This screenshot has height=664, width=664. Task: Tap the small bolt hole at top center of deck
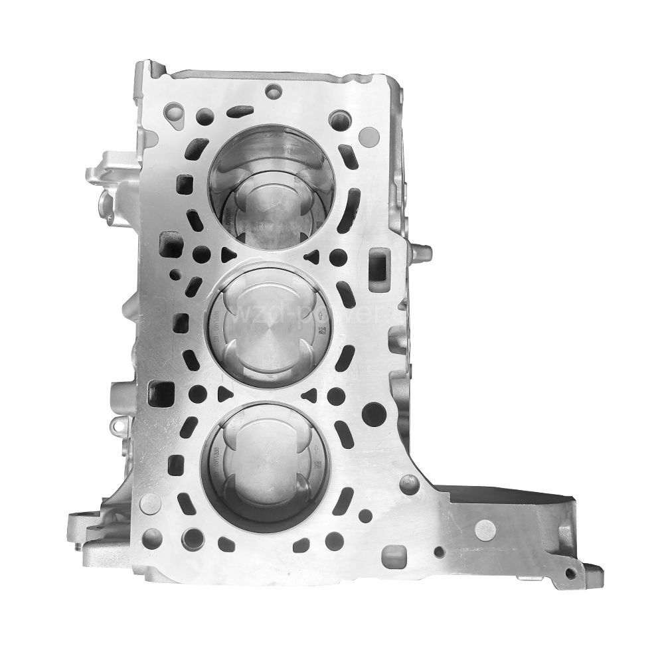[272, 91]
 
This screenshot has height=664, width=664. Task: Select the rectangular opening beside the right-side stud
[378, 264]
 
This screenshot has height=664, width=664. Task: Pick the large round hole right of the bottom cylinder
[373, 414]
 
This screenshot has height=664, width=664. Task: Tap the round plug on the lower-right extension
[485, 529]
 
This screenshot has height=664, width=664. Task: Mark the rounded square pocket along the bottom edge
[392, 553]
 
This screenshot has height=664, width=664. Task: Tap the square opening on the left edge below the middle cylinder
[161, 393]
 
